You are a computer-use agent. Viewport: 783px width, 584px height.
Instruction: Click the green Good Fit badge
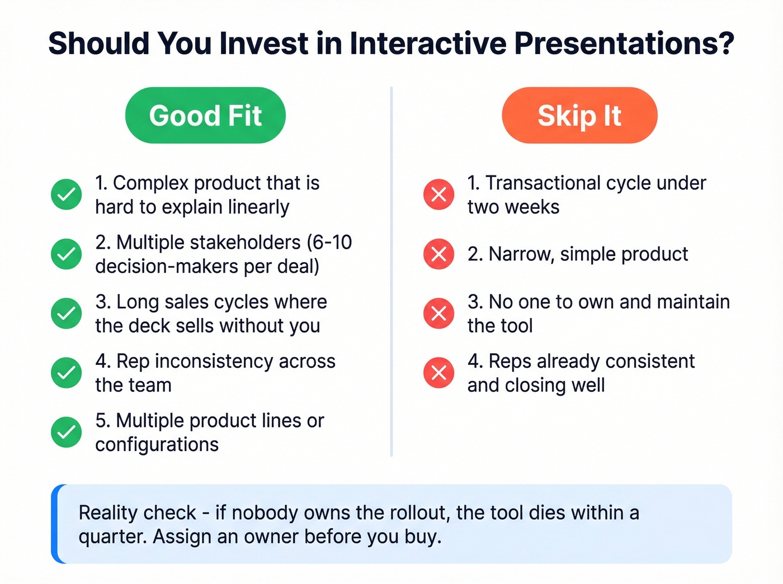pos(205,116)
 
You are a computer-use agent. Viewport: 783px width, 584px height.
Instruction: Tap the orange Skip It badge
pos(579,116)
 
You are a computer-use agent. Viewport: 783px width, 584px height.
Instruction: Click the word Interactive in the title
pos(427,44)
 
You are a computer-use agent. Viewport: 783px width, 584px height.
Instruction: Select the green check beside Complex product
pos(67,194)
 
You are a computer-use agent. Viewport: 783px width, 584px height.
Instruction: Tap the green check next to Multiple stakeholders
pos(67,254)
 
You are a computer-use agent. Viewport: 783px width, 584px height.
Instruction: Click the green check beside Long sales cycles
pos(67,314)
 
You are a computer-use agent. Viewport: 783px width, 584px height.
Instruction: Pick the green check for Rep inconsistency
pos(67,373)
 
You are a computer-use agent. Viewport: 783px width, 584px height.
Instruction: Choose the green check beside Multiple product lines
pos(67,433)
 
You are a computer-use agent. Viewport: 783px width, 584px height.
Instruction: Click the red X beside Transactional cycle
pos(439,194)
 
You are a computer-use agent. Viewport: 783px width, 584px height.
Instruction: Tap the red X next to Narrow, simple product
pos(439,254)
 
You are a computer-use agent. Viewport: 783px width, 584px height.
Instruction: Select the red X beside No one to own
pos(439,314)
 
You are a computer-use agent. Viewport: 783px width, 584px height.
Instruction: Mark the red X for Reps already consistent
pos(439,373)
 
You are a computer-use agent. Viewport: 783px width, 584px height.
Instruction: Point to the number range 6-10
pos(334,243)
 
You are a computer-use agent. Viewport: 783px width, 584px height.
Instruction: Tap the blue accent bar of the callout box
pos(55,524)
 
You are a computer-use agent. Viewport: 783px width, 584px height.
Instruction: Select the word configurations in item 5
pos(157,445)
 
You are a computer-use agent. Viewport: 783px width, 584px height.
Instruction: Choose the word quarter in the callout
pos(112,536)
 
